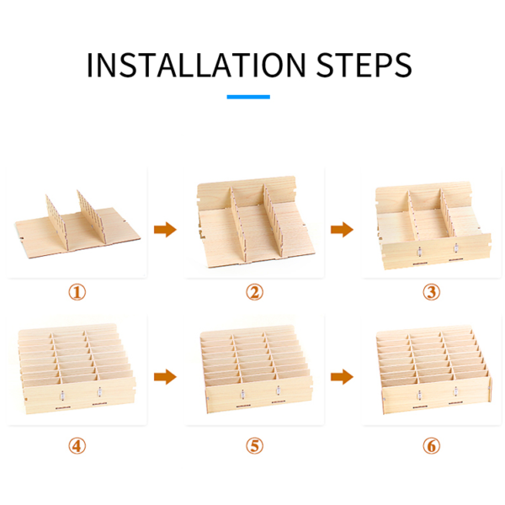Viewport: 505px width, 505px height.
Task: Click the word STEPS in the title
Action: [x=364, y=65]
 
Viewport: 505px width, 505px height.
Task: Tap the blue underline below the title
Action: [x=248, y=97]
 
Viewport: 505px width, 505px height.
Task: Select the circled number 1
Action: [x=77, y=292]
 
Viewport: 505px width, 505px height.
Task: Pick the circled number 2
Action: [x=254, y=292]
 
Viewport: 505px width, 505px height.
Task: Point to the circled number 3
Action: [x=431, y=292]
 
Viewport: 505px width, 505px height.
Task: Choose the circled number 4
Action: [x=77, y=446]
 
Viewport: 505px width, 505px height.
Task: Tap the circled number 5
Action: [x=254, y=446]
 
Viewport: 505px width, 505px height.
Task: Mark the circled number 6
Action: [x=431, y=446]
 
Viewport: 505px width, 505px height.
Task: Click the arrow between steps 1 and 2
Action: [x=165, y=229]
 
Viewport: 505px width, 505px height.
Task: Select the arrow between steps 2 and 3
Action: [x=342, y=229]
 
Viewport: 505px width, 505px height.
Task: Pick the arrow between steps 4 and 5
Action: [x=165, y=376]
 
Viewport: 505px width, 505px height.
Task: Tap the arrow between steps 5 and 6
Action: [x=342, y=376]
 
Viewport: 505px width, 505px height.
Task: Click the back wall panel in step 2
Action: [x=247, y=192]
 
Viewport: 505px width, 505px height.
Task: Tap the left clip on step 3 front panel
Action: [x=419, y=252]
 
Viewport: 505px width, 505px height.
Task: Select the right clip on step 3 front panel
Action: [x=456, y=248]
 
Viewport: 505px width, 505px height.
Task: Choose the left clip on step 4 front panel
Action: [x=62, y=396]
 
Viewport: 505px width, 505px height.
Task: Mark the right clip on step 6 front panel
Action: [x=455, y=391]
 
